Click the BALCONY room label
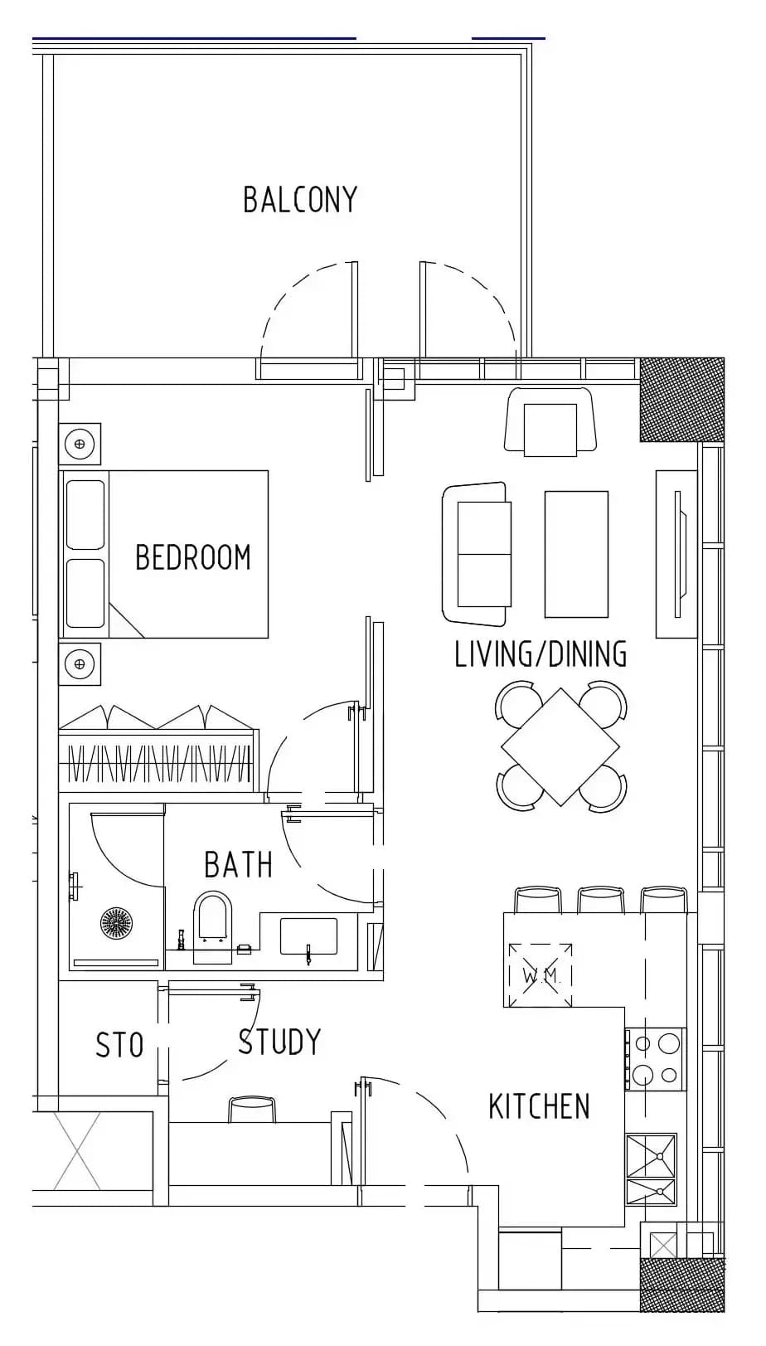(x=300, y=200)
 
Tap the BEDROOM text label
(x=193, y=557)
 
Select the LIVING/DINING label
(x=541, y=654)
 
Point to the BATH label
(x=239, y=865)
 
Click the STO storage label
(x=119, y=1045)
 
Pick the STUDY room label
(x=279, y=1042)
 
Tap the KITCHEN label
(x=539, y=1106)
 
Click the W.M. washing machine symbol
(x=541, y=975)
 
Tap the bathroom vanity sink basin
(x=308, y=935)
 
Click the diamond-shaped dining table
(x=560, y=747)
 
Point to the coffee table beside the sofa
(x=576, y=554)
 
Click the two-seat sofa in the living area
(x=477, y=553)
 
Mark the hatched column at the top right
(x=681, y=401)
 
